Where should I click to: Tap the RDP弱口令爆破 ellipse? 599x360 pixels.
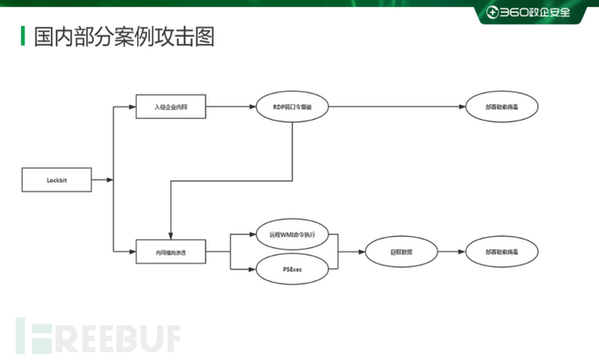pyautogui.click(x=291, y=107)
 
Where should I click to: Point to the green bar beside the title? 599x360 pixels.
pyautogui.click(x=23, y=36)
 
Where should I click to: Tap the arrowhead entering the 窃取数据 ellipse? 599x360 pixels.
pyautogui.click(x=359, y=252)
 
